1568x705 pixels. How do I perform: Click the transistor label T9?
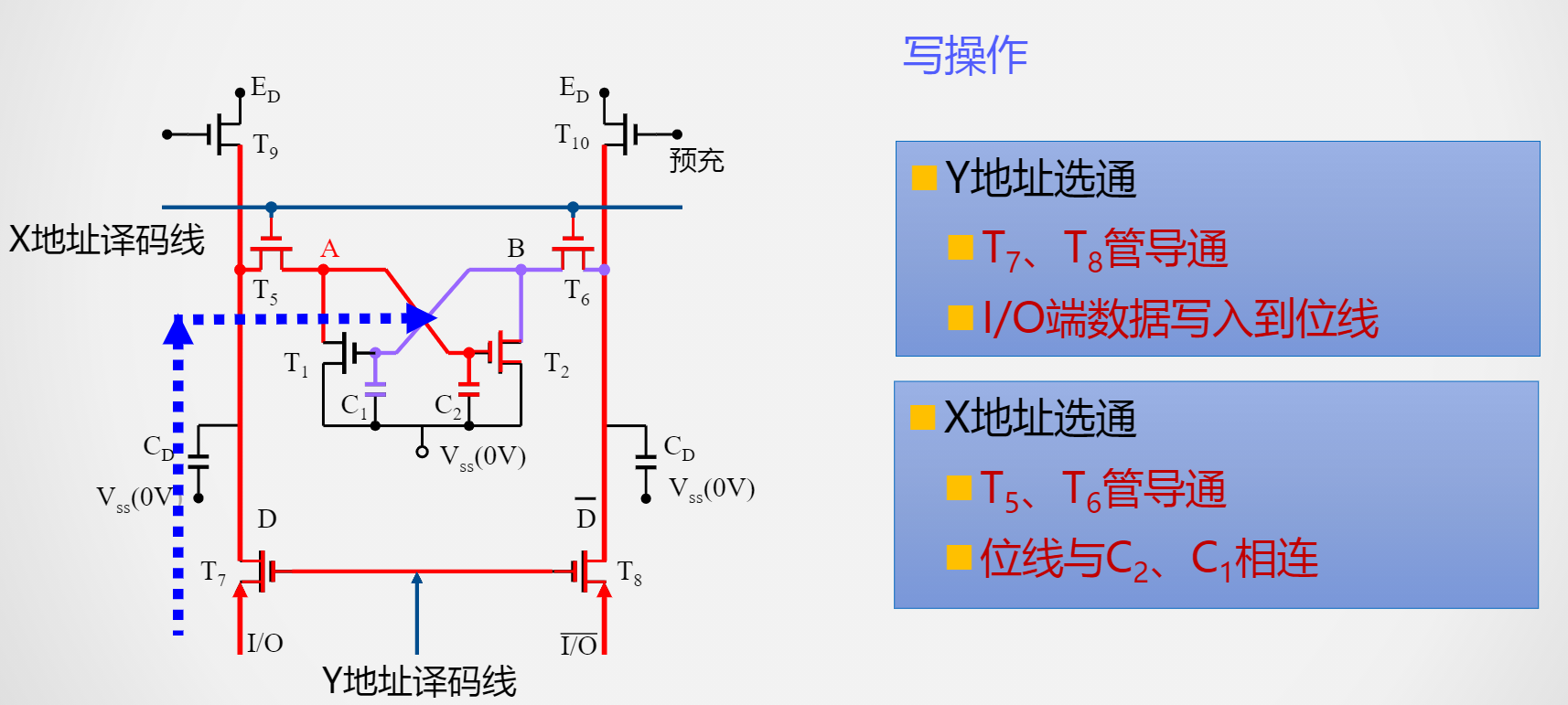(265, 145)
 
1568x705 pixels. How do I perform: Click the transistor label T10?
(572, 136)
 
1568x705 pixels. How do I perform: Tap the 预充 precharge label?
(696, 161)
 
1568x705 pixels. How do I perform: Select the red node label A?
(329, 249)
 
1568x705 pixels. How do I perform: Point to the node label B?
(516, 249)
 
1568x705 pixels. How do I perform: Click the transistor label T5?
(265, 292)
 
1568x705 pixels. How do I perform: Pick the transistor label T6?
(576, 292)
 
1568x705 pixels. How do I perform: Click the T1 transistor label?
(295, 364)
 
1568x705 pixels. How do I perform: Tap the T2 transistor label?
(556, 364)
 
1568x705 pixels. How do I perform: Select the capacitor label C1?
(353, 405)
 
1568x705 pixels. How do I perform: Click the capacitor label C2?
(447, 405)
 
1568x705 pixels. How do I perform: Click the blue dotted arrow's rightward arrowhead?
(422, 318)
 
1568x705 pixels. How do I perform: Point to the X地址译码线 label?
(106, 240)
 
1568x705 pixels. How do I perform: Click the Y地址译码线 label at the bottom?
(419, 681)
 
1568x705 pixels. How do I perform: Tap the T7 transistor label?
(213, 573)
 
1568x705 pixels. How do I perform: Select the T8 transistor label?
(629, 573)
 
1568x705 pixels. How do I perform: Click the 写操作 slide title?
(965, 56)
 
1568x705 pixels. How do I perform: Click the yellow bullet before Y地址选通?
(924, 177)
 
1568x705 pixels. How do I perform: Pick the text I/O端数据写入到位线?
(1180, 319)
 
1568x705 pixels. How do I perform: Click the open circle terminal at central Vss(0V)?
(422, 452)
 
